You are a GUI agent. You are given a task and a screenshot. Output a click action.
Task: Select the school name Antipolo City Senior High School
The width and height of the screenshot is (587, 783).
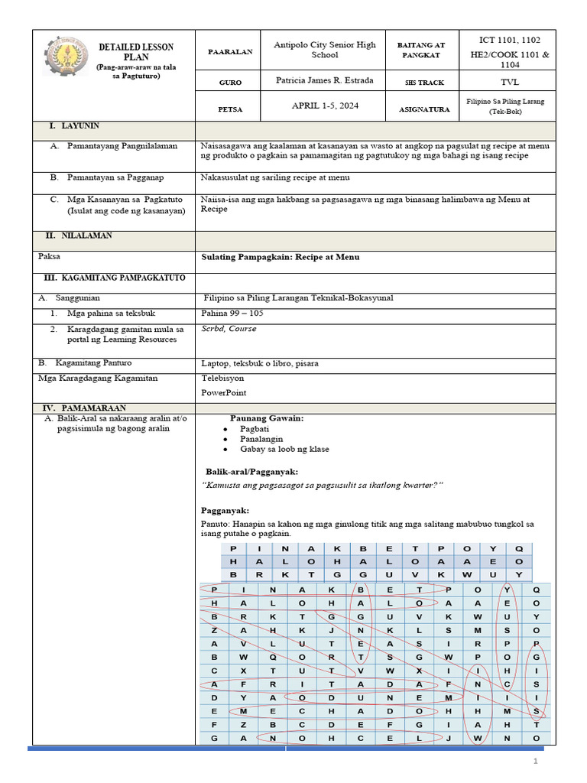[x=325, y=50]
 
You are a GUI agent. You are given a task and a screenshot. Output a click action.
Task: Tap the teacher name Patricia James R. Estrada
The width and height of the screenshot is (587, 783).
[x=325, y=80]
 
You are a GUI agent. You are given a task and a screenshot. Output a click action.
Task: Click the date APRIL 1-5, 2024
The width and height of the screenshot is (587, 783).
[x=325, y=108]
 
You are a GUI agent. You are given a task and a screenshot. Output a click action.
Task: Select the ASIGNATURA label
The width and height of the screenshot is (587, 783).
[x=423, y=109]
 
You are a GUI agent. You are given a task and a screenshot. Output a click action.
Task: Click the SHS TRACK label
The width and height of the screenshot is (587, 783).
[x=423, y=82]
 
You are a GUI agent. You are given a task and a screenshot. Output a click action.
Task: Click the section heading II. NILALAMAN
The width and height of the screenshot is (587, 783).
[x=79, y=236]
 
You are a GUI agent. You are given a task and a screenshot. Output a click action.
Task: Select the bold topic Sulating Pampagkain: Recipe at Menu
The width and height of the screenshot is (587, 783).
[x=280, y=257]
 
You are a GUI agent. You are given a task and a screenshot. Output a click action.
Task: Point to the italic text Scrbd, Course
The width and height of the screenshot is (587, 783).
[x=229, y=329]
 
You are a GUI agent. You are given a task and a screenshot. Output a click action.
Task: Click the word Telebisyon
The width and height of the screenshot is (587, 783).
[x=222, y=378]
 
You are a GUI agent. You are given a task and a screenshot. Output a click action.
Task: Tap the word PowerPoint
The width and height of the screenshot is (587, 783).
[x=224, y=393]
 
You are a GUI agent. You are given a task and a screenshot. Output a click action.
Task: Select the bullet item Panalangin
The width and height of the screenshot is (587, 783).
[x=261, y=439]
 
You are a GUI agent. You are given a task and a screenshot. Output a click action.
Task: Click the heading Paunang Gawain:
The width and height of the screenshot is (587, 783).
[x=267, y=418]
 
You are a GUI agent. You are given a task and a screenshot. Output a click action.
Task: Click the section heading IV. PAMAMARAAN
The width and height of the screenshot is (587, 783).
[x=86, y=408]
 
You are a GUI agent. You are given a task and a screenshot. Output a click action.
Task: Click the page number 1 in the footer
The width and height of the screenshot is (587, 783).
[x=536, y=762]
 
